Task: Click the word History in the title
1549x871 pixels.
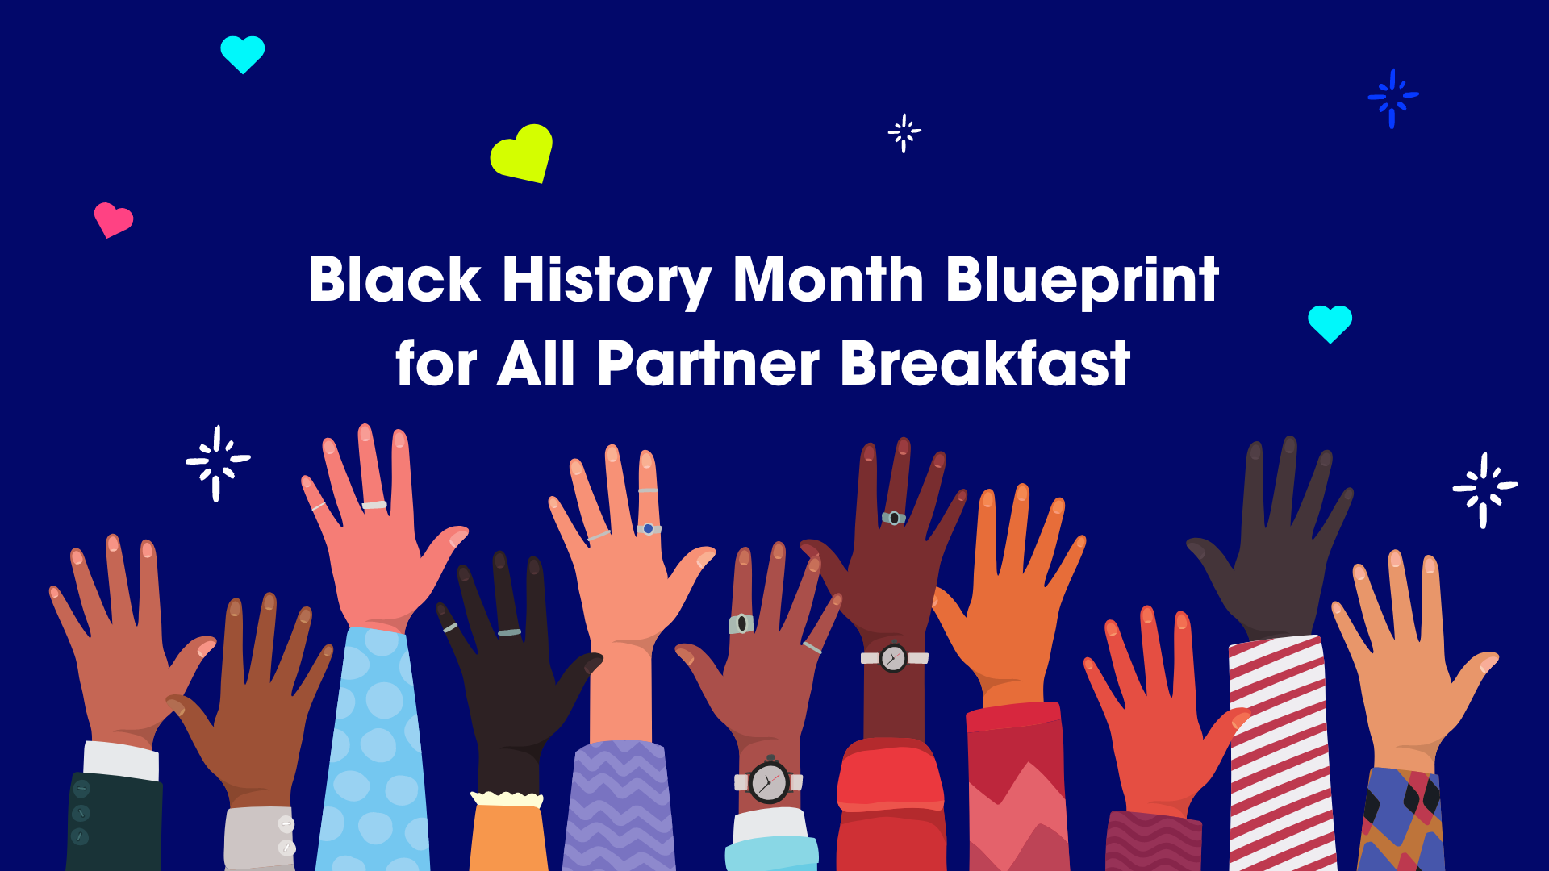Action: coord(607,281)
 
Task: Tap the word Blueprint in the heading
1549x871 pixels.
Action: coord(1082,281)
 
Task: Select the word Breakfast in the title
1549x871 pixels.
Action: coord(985,362)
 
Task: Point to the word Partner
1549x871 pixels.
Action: coord(708,364)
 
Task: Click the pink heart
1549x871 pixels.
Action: coord(113,219)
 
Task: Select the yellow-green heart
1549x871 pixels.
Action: coord(522,152)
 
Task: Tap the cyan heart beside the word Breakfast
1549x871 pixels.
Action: coord(1330,323)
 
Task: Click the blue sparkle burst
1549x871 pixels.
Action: coord(1392,98)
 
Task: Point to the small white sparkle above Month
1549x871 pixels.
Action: coord(904,133)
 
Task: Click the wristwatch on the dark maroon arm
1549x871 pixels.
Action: coord(893,658)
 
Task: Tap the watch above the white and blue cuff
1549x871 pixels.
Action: coord(769,781)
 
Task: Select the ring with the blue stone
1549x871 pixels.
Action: coord(649,529)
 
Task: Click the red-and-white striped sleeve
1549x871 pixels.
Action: coord(1281,754)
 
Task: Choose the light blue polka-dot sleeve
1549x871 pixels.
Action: coord(373,750)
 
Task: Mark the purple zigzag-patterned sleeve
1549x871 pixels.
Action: coord(618,806)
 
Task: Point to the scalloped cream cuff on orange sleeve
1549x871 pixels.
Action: coord(507,799)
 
